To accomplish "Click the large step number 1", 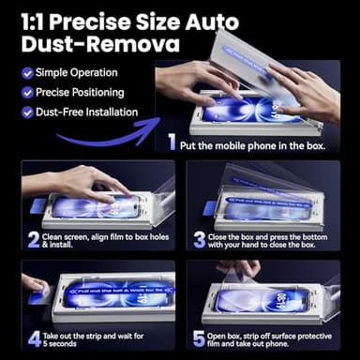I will tap(172, 143).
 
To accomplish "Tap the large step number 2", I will tap(33, 239).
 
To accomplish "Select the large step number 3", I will tap(199, 239).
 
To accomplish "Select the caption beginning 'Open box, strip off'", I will tap(273, 337).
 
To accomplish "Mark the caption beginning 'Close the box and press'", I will tap(272, 239).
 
